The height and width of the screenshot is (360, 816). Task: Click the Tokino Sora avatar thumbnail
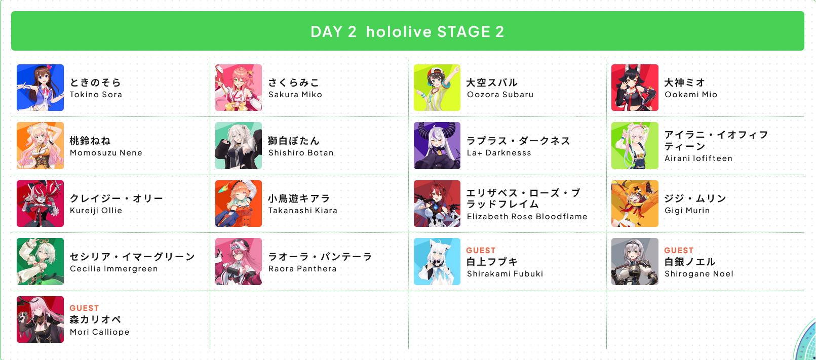40,88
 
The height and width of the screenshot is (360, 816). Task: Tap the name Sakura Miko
295,95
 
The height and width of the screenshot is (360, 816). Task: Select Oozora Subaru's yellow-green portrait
437,88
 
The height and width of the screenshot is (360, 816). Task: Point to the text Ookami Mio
691,95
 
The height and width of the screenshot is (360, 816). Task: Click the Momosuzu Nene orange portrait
40,146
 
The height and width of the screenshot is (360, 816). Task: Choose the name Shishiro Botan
301,153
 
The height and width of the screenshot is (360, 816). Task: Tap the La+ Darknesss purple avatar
437,146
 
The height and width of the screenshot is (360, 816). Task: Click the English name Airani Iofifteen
698,158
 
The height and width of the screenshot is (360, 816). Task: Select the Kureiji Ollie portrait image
40,204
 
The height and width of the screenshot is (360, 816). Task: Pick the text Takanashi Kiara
303,211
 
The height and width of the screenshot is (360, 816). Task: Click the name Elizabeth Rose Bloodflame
527,217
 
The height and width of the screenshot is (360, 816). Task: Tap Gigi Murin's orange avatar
635,204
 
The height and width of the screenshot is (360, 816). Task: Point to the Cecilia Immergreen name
113,269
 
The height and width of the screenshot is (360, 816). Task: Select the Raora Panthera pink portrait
238,261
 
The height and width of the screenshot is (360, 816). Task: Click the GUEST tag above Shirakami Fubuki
481,251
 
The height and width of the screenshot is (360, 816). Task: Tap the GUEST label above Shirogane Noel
679,251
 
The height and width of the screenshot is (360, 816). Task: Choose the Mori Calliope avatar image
40,319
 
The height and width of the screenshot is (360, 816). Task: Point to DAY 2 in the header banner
333,32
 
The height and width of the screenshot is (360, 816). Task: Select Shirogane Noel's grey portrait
635,261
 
